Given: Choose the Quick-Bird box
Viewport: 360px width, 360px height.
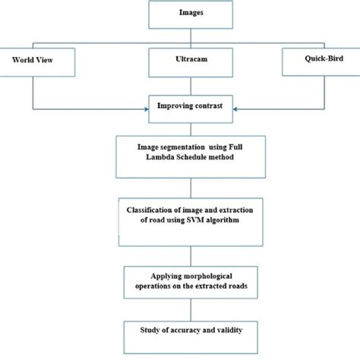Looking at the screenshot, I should (x=318, y=61).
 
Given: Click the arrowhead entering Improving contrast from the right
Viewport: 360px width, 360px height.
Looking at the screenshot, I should (x=229, y=106).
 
